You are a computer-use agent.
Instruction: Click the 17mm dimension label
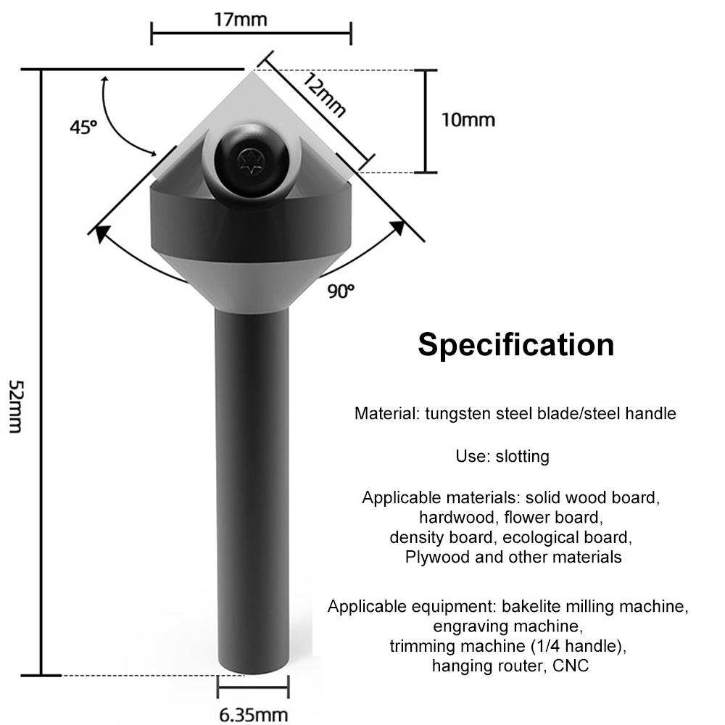(x=240, y=19)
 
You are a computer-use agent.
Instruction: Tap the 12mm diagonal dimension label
(x=323, y=95)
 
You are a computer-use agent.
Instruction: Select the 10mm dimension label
(x=468, y=119)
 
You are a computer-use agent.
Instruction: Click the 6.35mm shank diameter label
(x=253, y=714)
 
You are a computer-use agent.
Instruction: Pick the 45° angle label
(x=83, y=127)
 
